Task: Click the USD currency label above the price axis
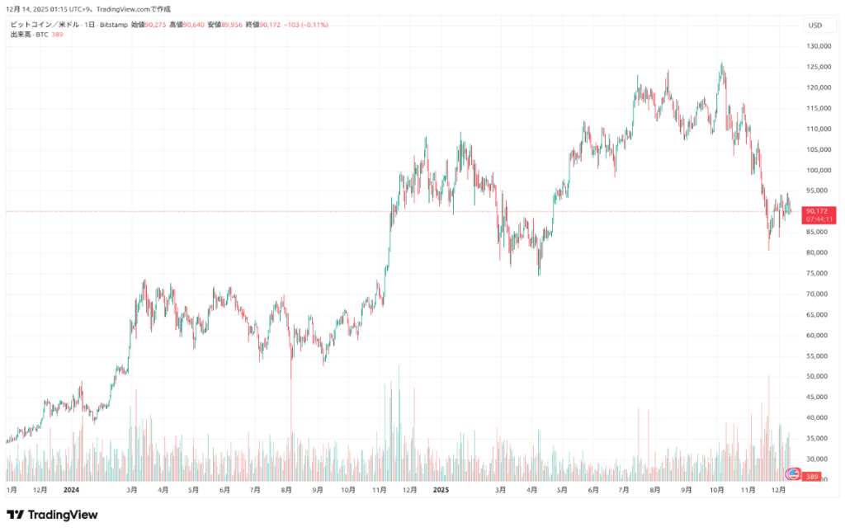[x=815, y=25]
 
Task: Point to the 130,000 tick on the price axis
[x=817, y=46]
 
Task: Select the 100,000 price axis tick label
[x=817, y=170]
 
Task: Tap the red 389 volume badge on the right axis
[x=812, y=477]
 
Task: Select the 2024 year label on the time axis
[x=71, y=490]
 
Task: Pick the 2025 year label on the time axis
[x=440, y=490]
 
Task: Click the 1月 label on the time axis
[x=12, y=490]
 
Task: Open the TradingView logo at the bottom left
[x=52, y=515]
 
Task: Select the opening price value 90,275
[x=155, y=25]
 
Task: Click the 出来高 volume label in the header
[x=21, y=34]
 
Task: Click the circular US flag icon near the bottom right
[x=793, y=473]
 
